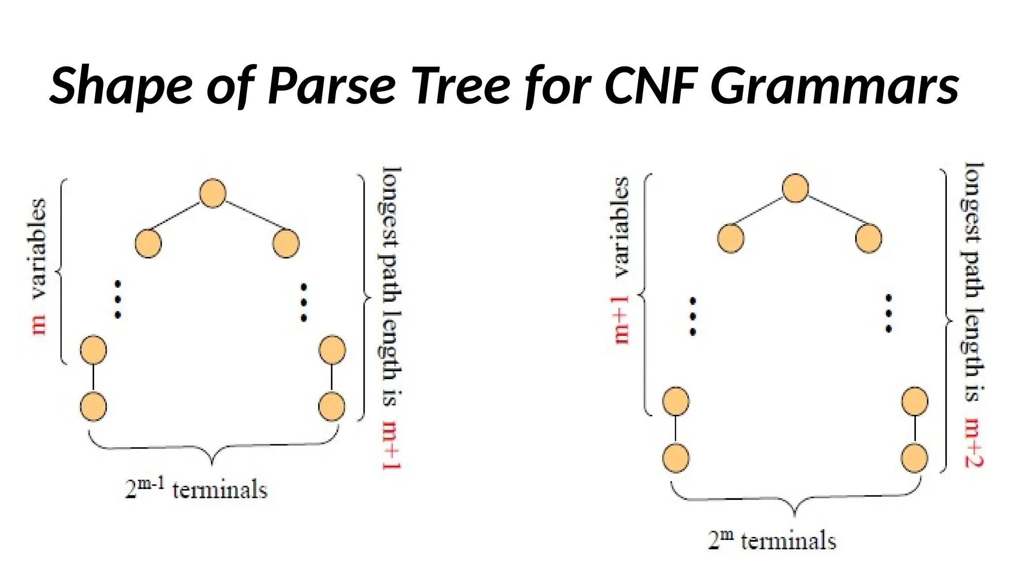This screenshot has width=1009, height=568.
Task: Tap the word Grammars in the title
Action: pos(835,86)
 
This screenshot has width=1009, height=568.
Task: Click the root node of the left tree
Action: pos(213,193)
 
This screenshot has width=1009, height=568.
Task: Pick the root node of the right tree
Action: pos(795,188)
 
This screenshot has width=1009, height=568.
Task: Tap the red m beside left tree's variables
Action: pos(39,325)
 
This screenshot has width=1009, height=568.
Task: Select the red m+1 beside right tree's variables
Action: pos(622,320)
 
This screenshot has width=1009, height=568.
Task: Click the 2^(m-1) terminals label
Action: pos(196,489)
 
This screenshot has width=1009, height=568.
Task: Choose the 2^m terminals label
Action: pos(772,540)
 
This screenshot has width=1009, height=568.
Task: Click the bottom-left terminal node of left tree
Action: pos(93,406)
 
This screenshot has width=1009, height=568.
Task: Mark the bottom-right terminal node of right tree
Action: pos(914,458)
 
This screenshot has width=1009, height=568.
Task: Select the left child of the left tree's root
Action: pos(148,243)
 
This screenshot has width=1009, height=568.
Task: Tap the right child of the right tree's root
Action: pos(869,238)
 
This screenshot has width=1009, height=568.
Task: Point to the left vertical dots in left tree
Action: pos(118,300)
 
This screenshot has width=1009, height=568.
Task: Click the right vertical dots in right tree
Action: pos(888,314)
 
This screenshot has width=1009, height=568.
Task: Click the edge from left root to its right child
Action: pos(249,215)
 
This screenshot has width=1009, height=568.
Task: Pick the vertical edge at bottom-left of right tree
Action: pos(675,429)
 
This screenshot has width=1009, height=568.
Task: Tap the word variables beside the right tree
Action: pos(622,227)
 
